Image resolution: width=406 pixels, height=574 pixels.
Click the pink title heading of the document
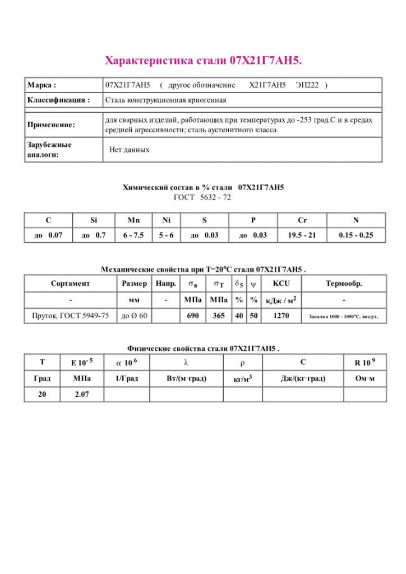pos(204,60)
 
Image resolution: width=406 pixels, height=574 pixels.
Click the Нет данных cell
pos(129,150)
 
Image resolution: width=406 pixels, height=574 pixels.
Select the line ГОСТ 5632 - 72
pos(202,197)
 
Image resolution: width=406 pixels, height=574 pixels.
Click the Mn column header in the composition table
pos(133,220)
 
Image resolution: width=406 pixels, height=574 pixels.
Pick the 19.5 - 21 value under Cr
pos(302,235)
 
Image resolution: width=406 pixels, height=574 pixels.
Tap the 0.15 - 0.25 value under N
pos(356,235)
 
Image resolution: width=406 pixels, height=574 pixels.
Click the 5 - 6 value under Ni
pos(165,235)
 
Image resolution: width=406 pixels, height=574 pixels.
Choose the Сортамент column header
pos(70,284)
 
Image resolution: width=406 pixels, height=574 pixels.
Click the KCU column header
pos(281,284)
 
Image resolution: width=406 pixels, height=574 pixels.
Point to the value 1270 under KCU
pos(281,316)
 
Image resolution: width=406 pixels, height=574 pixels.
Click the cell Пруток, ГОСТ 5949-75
pos(70,316)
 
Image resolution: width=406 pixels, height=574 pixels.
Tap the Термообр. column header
pos(344,284)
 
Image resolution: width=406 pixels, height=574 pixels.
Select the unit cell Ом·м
pos(365,378)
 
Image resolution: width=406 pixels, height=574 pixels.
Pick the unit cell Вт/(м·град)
pos(186,378)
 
